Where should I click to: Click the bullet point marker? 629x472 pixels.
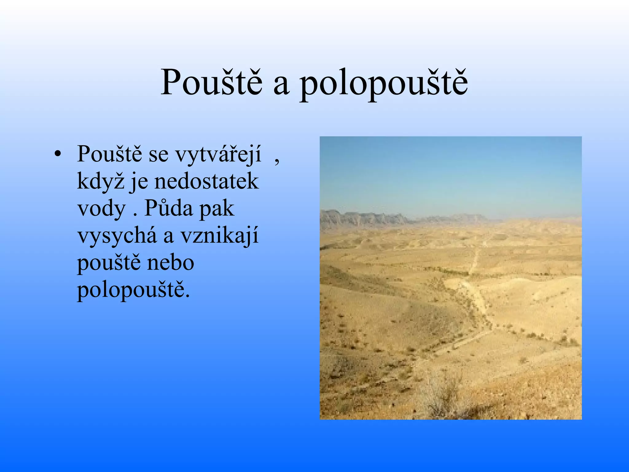point(57,154)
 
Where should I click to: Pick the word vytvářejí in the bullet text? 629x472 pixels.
point(218,155)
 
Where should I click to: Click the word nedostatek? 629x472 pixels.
point(206,181)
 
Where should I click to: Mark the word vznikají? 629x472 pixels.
point(219,236)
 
